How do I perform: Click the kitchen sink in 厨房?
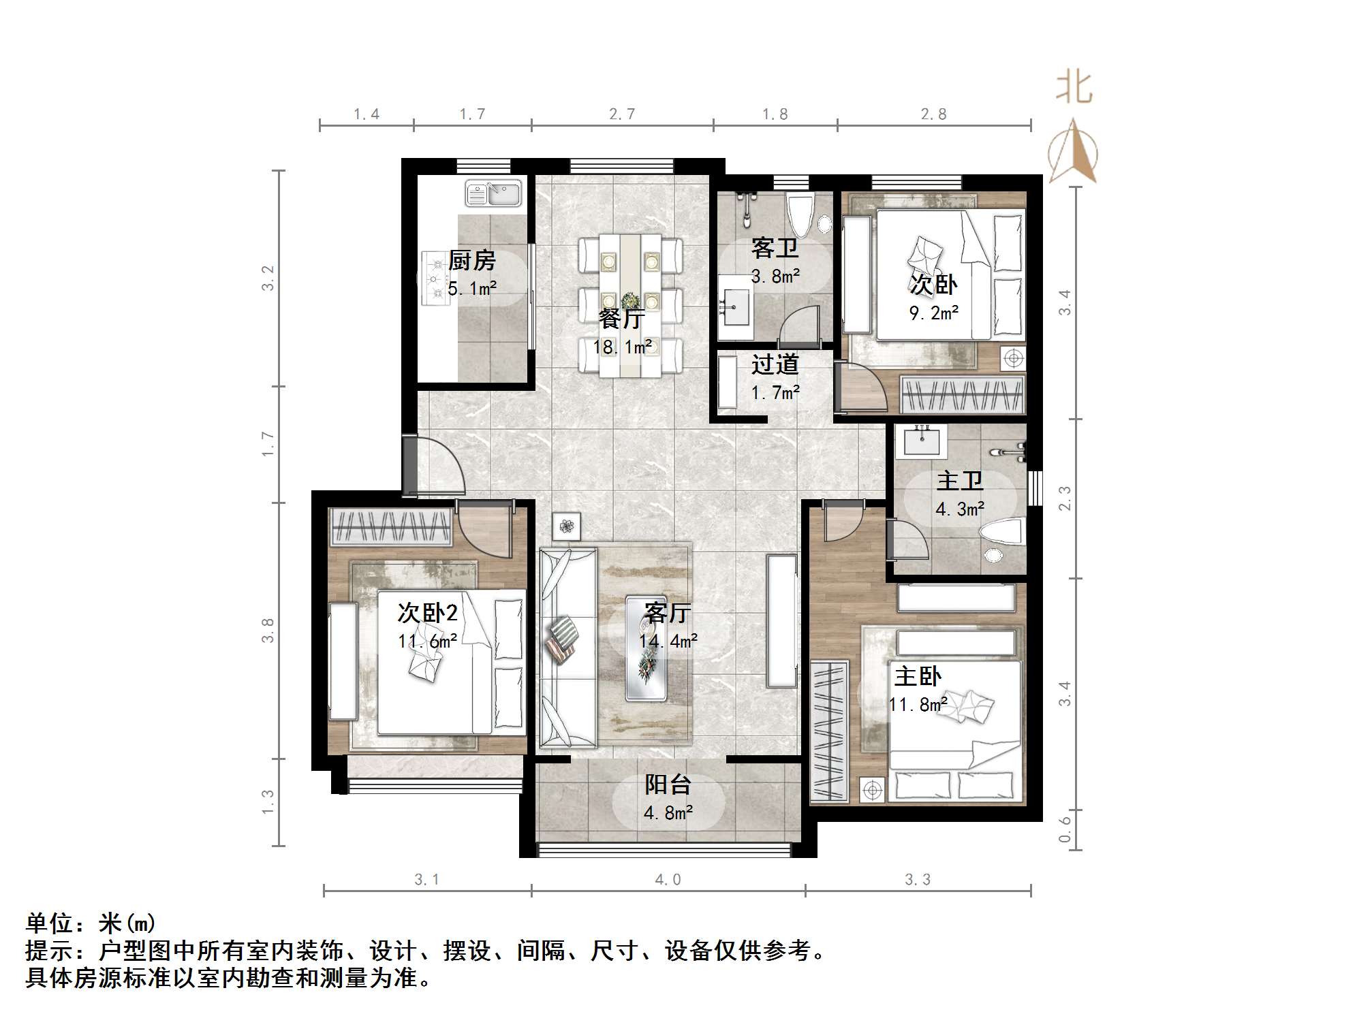493,193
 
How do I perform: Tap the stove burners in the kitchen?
433,278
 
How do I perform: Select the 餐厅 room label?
621,319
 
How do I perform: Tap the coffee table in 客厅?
646,647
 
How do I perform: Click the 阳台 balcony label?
668,784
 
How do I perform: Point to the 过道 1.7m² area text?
775,392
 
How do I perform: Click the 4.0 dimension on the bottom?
668,879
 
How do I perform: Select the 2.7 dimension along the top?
621,114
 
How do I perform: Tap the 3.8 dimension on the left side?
268,630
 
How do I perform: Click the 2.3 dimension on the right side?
1064,498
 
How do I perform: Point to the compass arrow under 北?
1073,153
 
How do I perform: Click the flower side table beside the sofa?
566,525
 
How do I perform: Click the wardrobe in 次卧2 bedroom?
390,526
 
